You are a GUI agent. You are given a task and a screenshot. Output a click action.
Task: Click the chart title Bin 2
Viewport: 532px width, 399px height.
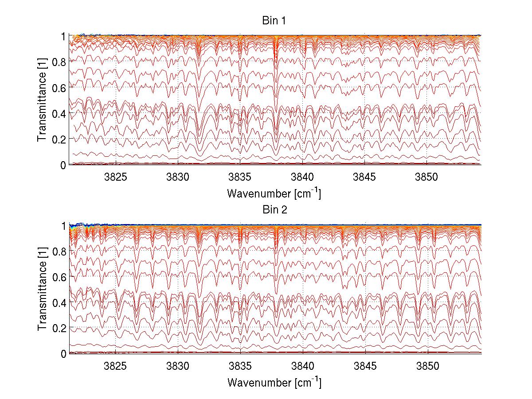tap(275, 210)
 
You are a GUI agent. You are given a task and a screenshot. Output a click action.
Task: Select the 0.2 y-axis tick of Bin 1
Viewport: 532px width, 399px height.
tap(59, 139)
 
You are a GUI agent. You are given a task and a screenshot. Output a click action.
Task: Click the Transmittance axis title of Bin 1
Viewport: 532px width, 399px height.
tap(42, 100)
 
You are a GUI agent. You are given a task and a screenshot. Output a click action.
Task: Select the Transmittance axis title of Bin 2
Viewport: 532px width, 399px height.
tap(42, 289)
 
